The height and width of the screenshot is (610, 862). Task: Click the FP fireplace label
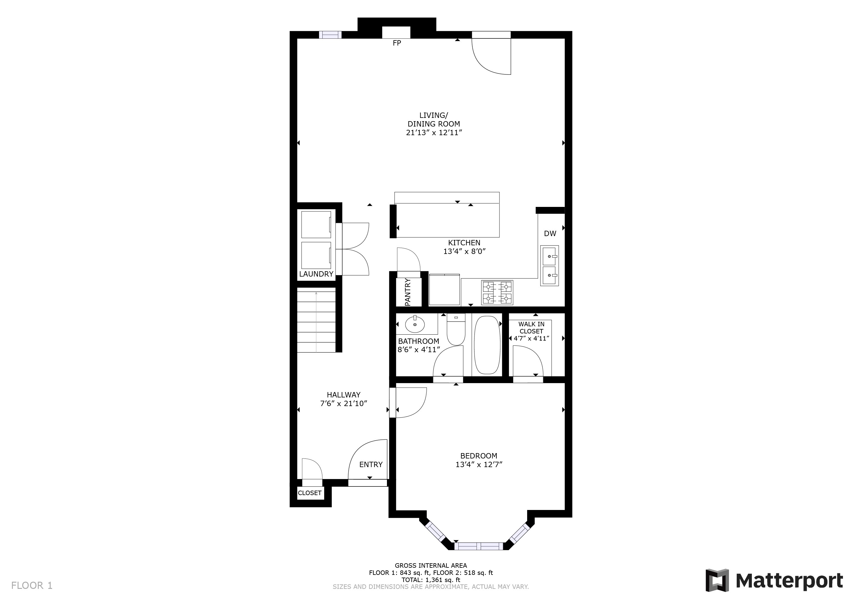pos(397,43)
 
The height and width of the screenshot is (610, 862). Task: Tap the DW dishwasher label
pos(550,234)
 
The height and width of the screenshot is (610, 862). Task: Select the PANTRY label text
pos(408,292)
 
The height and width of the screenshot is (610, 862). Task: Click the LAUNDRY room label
pos(316,274)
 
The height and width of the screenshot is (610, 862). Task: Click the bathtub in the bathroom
pos(487,345)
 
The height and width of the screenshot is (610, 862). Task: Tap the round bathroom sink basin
pos(415,324)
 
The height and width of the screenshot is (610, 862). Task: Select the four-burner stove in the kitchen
pos(497,293)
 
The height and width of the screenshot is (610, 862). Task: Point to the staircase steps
pos(316,320)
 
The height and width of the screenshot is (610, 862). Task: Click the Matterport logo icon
pos(717,580)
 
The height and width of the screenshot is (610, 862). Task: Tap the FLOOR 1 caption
pos(32,586)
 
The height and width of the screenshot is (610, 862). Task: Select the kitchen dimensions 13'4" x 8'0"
pos(464,252)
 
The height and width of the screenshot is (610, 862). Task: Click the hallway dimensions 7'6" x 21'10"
pos(343,404)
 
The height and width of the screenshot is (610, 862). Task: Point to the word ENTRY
pos(371,465)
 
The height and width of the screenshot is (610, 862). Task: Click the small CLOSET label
pos(310,493)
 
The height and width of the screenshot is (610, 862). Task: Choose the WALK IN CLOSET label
pos(532,327)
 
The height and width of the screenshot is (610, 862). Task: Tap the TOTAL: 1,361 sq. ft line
pos(431,580)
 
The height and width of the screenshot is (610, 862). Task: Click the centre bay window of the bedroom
pos(479,546)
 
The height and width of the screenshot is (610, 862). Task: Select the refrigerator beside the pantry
pos(444,290)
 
